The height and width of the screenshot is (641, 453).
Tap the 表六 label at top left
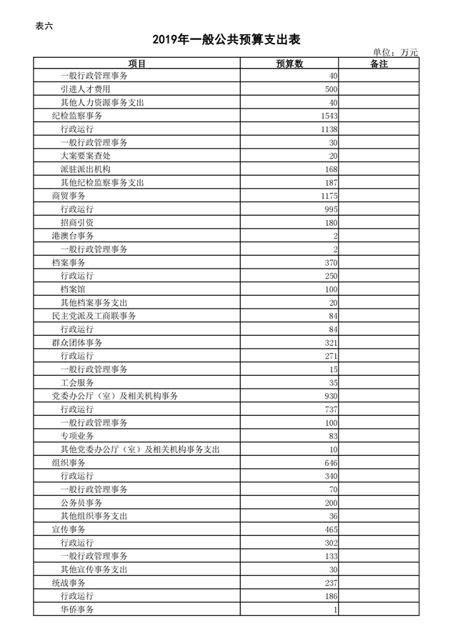pos(44,26)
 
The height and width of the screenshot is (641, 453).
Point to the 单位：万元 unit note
pos(395,52)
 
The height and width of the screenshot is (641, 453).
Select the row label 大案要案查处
pos(89,156)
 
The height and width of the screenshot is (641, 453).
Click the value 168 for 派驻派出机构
pos(331,169)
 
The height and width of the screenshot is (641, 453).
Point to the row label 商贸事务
pos(69,196)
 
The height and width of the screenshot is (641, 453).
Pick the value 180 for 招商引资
pos(331,223)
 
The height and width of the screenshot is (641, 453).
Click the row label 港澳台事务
pos(73,236)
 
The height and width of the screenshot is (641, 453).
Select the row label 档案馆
pos(77,289)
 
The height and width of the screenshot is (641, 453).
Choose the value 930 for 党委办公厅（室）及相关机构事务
pos(331,396)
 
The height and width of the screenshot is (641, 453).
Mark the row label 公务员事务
pos(81,503)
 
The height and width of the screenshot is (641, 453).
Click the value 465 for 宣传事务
pos(331,530)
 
